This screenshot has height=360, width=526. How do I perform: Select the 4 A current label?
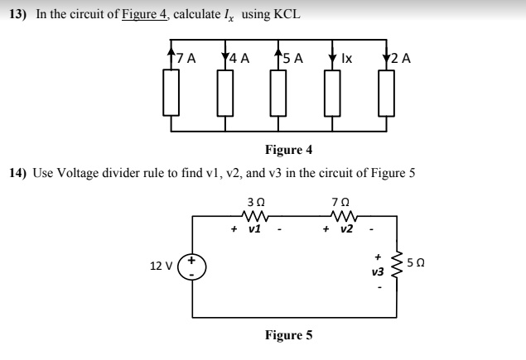coord(240,59)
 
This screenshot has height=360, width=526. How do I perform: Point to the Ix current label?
coord(346,59)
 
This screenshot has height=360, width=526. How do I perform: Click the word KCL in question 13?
coord(285,14)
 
